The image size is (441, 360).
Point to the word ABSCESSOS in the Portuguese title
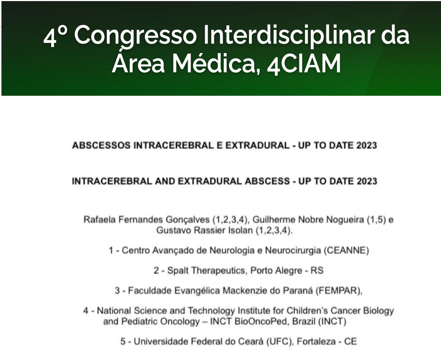pyautogui.click(x=101, y=145)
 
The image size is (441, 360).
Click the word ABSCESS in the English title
pyautogui.click(x=267, y=181)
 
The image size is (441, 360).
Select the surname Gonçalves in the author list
pyautogui.click(x=187, y=220)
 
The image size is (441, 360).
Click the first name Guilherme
pyautogui.click(x=274, y=220)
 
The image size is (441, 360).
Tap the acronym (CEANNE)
pyautogui.click(x=346, y=250)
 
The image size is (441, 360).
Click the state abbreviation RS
pyautogui.click(x=317, y=270)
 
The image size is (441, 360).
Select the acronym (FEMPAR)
pyautogui.click(x=339, y=291)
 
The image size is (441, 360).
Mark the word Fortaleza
pyautogui.click(x=316, y=342)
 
